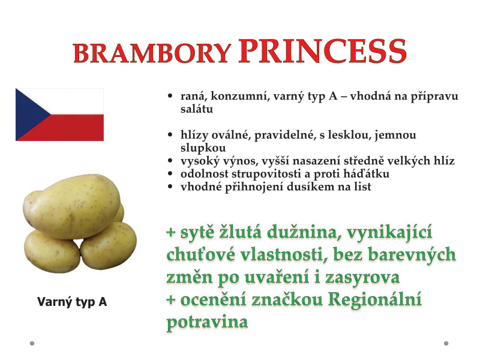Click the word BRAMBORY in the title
(152, 53)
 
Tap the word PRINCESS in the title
(323, 50)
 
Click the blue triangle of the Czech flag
(29, 115)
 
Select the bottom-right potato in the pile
(109, 245)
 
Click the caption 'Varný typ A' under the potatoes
(72, 302)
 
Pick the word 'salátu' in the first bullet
(197, 109)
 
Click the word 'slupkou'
(203, 148)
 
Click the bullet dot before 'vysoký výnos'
(170, 161)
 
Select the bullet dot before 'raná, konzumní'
(170, 97)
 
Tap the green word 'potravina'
(207, 322)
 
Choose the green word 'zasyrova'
(362, 278)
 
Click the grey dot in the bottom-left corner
(32, 343)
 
